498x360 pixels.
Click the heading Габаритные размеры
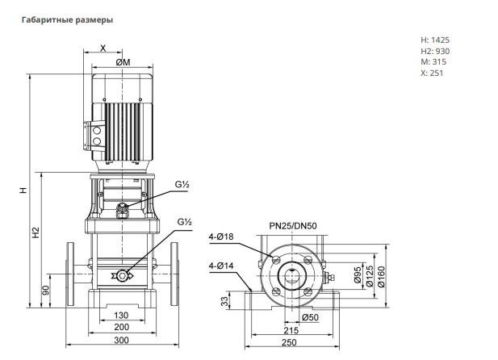67,19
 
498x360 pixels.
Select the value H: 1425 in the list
435,40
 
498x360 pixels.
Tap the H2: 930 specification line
435,51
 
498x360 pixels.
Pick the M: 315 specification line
433,61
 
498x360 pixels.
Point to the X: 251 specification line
432,73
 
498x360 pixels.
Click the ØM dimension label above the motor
123,62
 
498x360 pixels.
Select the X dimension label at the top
103,48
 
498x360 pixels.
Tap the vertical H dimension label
23,190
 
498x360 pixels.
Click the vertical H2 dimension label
36,232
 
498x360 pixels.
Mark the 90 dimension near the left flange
46,290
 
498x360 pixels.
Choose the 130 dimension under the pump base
121,315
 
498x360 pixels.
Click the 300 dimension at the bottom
121,341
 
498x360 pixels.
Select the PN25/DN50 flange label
293,226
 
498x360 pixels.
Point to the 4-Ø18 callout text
221,237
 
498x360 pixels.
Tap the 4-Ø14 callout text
221,266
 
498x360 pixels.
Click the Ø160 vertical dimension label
381,276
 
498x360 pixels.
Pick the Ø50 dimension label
310,317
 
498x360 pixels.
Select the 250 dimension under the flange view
289,342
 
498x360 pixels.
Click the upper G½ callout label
182,184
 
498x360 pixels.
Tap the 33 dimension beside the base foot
224,301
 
